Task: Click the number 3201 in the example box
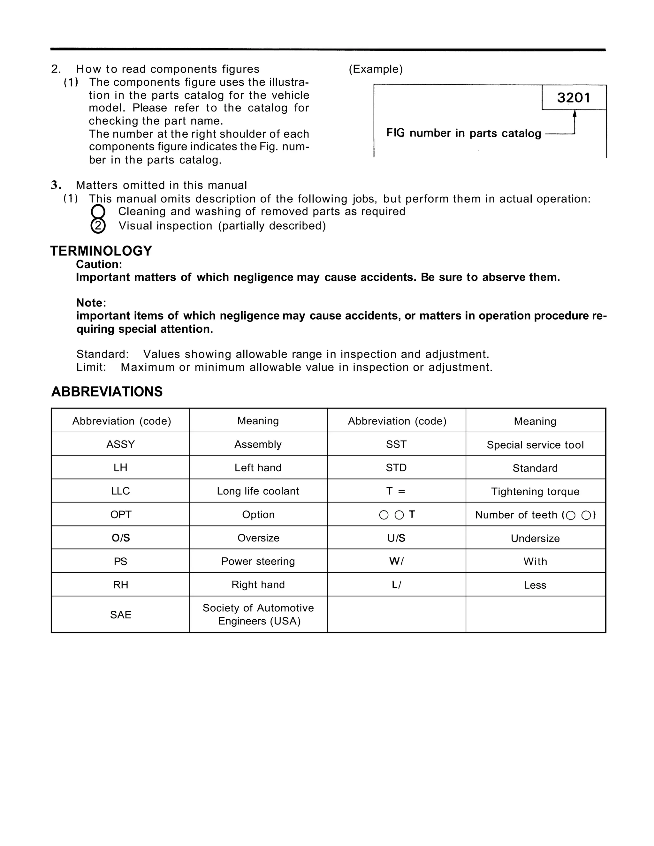point(574,98)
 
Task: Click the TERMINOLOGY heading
point(101,251)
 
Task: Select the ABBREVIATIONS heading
point(107,392)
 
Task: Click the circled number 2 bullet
point(98,226)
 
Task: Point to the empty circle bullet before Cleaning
point(98,211)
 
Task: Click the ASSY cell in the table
point(120,444)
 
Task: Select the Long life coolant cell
point(258,491)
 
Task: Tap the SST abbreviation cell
point(396,444)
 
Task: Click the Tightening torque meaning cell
point(535,492)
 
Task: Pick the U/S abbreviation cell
point(396,538)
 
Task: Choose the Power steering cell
point(258,561)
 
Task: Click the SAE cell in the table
point(120,615)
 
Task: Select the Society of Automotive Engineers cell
point(258,615)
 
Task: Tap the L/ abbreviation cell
point(396,585)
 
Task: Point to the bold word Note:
point(91,303)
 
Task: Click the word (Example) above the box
point(376,69)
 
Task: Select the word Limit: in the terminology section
point(91,367)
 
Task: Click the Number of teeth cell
point(535,515)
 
